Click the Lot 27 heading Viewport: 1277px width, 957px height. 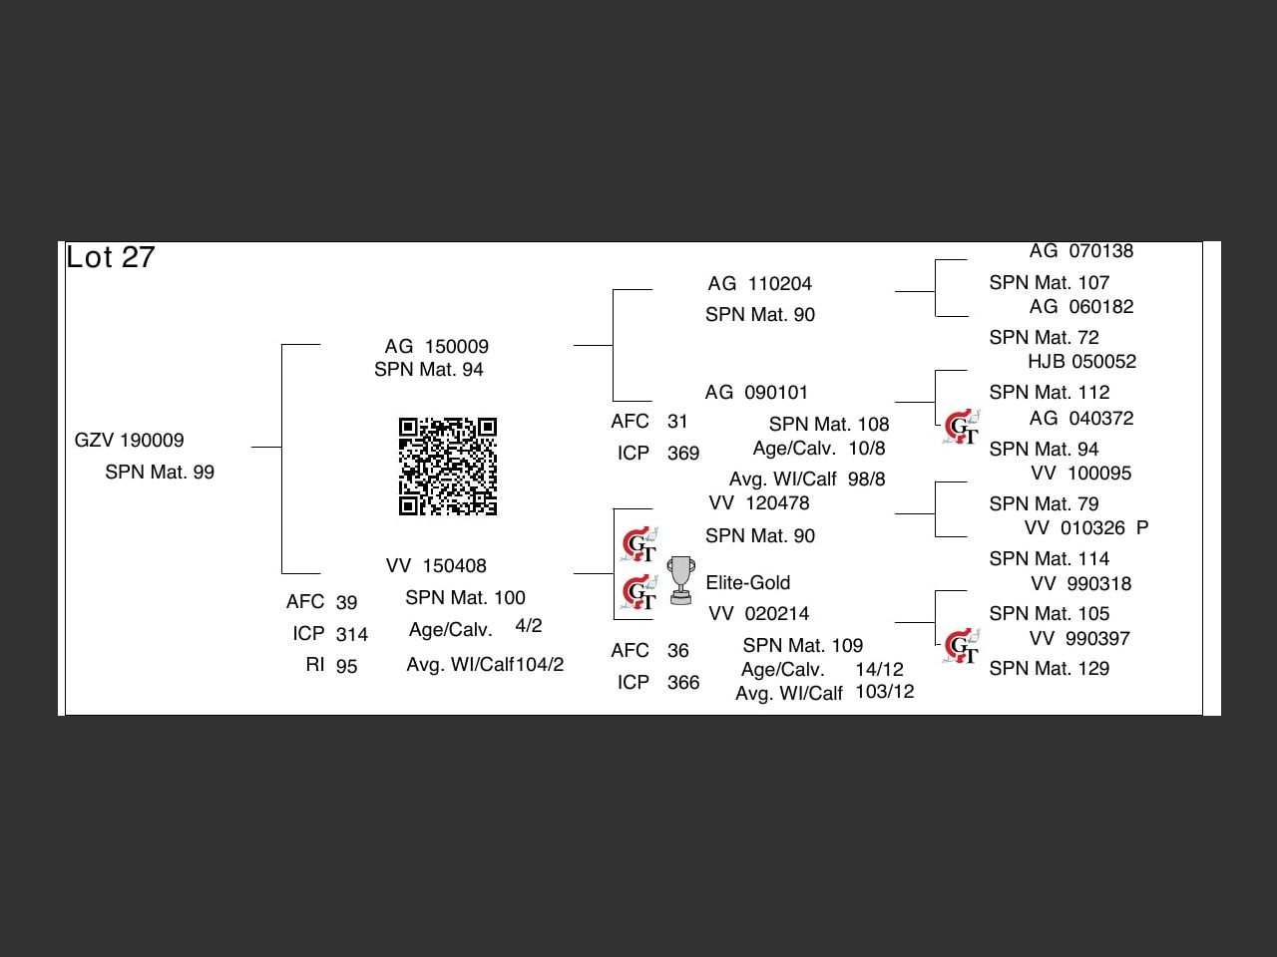[x=111, y=257]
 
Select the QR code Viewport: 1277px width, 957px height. [x=448, y=467]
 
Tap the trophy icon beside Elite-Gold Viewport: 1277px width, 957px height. [x=681, y=580]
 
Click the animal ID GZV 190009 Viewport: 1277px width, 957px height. [x=130, y=441]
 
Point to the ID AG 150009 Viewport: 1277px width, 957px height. [x=437, y=347]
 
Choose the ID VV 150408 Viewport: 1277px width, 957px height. [x=436, y=566]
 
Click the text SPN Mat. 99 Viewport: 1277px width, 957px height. [x=160, y=473]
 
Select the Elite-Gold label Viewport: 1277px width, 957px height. [x=748, y=583]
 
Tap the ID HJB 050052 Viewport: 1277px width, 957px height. [x=1082, y=362]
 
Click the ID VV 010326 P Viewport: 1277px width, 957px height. [x=1086, y=528]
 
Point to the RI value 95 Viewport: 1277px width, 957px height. [x=346, y=666]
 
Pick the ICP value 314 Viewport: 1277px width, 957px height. [x=351, y=634]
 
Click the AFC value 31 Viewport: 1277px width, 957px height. [x=677, y=422]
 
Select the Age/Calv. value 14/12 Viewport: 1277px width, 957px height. [x=879, y=670]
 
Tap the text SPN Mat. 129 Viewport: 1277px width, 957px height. [x=1050, y=669]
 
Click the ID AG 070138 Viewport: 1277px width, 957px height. [x=1081, y=252]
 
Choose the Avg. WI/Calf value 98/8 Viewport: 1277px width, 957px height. [x=866, y=479]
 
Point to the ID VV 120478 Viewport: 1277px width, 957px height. [x=759, y=503]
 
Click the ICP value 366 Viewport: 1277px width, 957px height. [x=683, y=683]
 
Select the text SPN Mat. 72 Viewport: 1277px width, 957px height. [x=1044, y=338]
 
